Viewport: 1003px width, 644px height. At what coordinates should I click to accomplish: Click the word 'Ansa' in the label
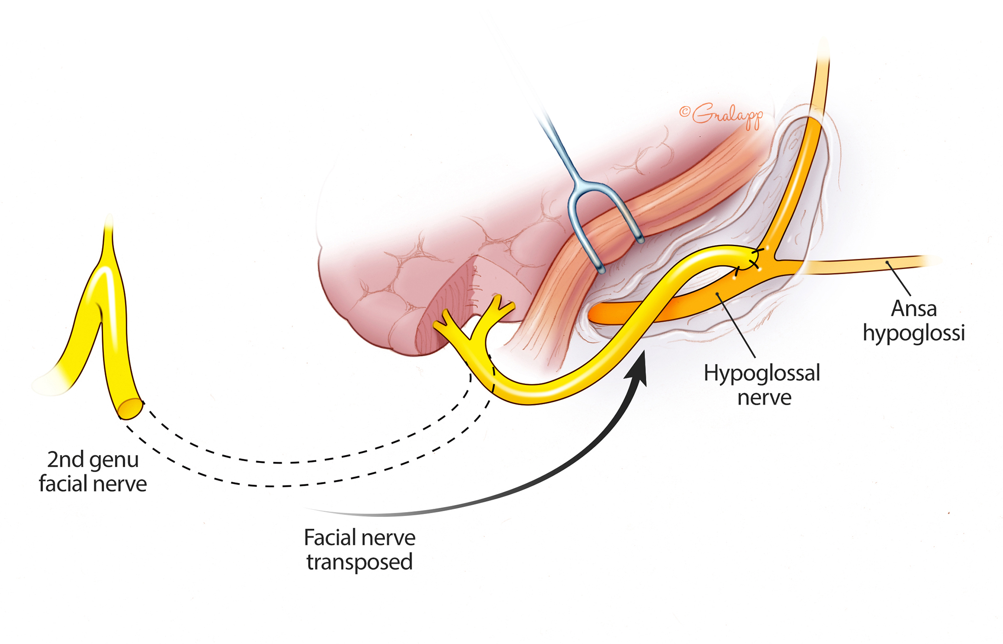[x=913, y=309]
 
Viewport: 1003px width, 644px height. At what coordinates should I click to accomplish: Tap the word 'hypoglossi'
[x=914, y=333]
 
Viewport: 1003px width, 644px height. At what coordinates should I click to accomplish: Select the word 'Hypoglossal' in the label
[x=762, y=373]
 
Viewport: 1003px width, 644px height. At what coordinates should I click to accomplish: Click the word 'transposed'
[x=360, y=562]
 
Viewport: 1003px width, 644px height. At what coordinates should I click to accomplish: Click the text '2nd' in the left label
[x=65, y=460]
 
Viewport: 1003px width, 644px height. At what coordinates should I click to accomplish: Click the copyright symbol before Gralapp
[x=684, y=112]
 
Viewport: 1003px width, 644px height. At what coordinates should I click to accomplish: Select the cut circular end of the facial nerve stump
[x=130, y=409]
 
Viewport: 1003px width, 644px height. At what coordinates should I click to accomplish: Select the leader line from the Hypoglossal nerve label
[x=736, y=325]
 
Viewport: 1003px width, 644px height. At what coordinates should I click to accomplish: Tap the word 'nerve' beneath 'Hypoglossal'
[x=764, y=398]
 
